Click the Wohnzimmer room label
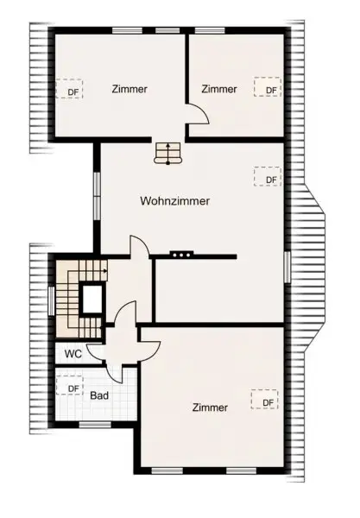pyautogui.click(x=175, y=200)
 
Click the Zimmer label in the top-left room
pyautogui.click(x=129, y=89)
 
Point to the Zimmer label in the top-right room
pyautogui.click(x=219, y=89)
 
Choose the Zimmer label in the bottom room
pyautogui.click(x=211, y=407)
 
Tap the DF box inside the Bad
pyautogui.click(x=72, y=388)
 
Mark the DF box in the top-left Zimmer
pyautogui.click(x=72, y=89)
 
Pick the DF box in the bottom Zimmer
pyautogui.click(x=266, y=401)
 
